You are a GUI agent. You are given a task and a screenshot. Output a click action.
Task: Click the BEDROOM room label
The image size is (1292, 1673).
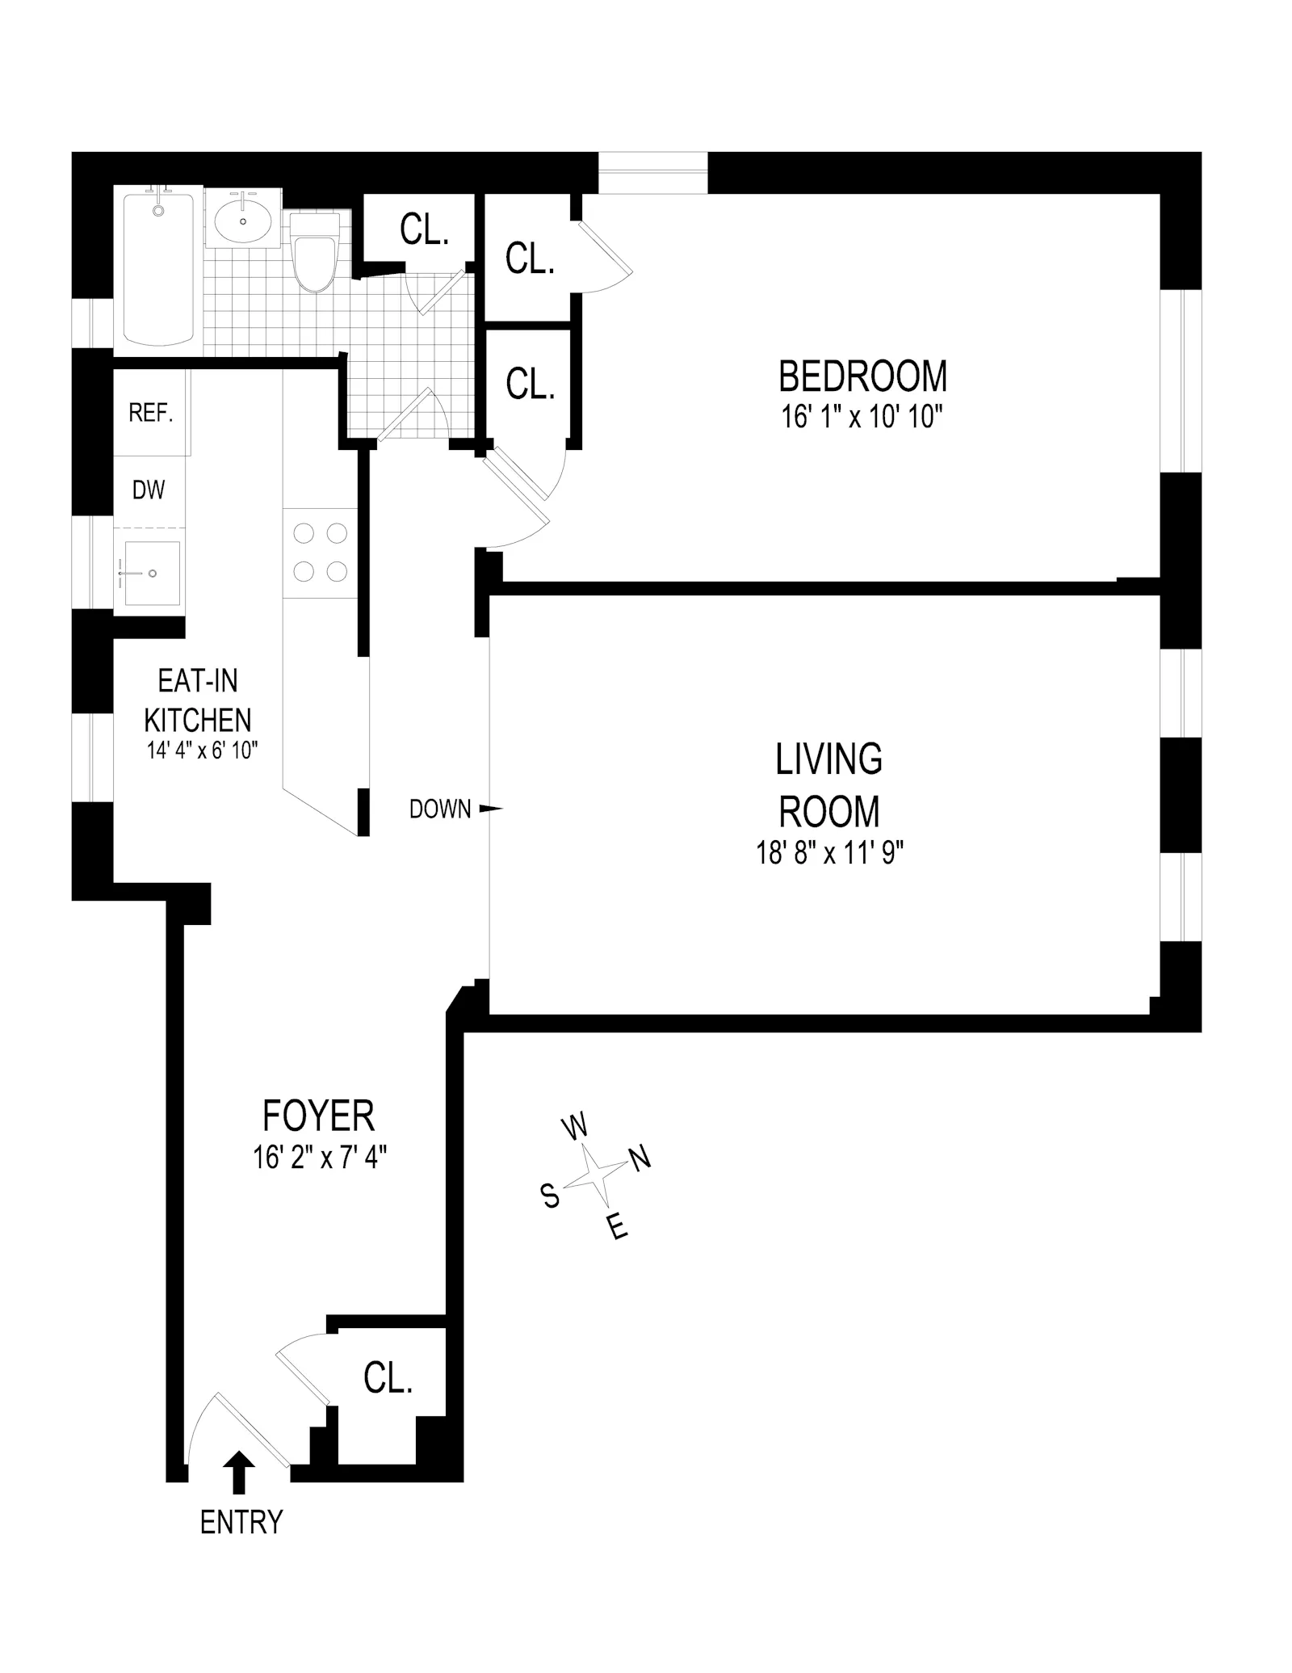862,376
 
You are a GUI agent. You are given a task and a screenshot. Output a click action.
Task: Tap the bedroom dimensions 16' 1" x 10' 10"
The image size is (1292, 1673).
862,418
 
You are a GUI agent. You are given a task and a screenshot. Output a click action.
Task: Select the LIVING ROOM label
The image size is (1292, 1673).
829,784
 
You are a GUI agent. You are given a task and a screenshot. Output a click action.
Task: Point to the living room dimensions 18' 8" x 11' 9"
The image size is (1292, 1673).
829,853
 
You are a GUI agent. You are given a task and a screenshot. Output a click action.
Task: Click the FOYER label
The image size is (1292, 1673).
319,1116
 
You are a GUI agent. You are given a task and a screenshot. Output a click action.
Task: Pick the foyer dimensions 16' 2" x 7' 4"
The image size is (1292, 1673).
320,1158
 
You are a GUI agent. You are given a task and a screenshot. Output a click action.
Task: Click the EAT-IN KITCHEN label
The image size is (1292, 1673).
198,700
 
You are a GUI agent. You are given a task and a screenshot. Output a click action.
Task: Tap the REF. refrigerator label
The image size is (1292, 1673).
151,414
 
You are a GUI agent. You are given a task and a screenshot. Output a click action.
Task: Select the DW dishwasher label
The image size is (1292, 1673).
149,490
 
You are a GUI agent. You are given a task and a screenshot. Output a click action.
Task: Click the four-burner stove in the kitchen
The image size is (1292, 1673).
320,553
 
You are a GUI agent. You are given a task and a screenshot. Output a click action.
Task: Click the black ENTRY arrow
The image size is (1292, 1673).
238,1471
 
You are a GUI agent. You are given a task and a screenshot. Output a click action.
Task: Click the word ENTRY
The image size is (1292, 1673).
241,1523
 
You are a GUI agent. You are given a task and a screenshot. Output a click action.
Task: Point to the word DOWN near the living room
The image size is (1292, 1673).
440,809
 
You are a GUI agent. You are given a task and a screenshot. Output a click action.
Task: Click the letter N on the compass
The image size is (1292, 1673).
640,1160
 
